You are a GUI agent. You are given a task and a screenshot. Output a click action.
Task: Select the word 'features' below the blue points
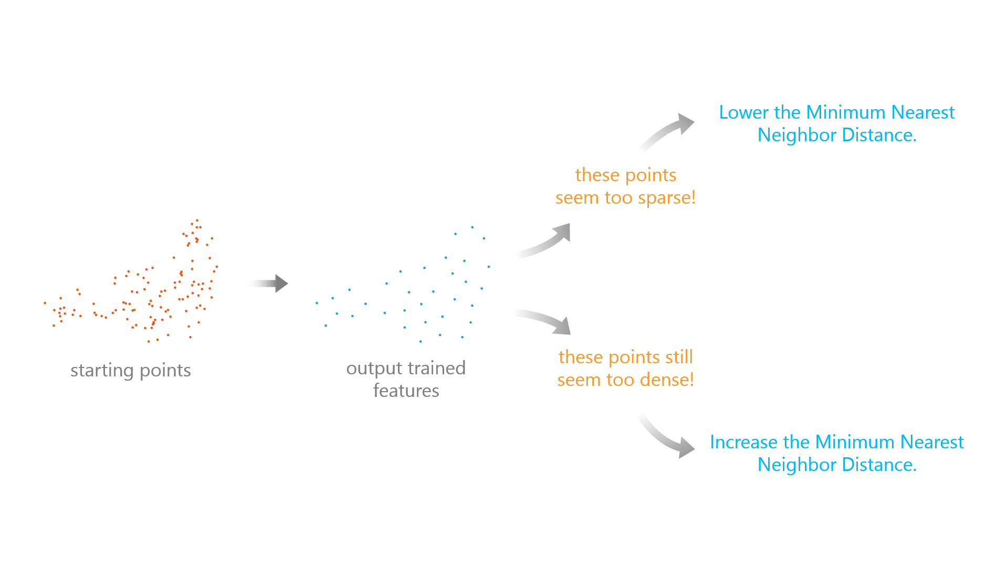click(406, 391)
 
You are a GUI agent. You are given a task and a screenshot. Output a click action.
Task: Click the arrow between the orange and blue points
click(270, 283)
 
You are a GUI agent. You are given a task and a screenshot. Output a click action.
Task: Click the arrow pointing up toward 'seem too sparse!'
click(546, 241)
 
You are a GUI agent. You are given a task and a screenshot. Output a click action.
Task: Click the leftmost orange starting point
click(45, 303)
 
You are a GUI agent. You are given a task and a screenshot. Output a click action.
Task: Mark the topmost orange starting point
click(197, 220)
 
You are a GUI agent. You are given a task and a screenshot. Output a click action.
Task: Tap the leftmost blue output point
click(317, 303)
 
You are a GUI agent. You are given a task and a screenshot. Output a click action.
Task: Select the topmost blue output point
click(472, 227)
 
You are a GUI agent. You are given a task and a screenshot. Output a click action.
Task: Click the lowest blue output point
click(421, 342)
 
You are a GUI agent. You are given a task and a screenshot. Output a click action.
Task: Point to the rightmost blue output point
click(489, 267)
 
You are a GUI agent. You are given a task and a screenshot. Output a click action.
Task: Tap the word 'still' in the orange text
click(677, 358)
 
